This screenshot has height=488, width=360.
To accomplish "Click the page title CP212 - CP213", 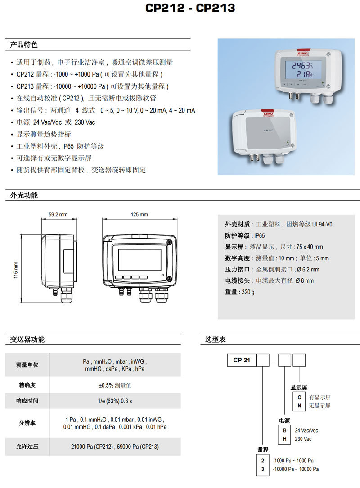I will [x=190, y=8].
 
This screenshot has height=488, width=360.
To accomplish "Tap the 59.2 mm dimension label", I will [x=58, y=215].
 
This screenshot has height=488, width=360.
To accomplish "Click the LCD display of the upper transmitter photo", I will [x=301, y=69].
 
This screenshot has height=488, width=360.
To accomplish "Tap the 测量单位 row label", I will [x=27, y=365].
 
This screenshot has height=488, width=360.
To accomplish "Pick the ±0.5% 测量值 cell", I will [x=115, y=385].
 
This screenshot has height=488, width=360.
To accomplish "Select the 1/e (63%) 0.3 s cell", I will [x=115, y=401].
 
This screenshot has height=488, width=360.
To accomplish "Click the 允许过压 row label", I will [x=27, y=447].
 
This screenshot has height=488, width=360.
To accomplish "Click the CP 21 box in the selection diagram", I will [x=241, y=360].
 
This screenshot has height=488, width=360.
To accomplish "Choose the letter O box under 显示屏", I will [x=299, y=398].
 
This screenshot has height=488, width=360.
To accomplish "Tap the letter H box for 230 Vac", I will [x=284, y=439].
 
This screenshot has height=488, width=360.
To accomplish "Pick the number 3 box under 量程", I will [x=262, y=469].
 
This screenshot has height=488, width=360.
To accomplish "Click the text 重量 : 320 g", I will [x=240, y=292].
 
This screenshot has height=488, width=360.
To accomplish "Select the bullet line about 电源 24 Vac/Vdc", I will [x=56, y=122].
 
